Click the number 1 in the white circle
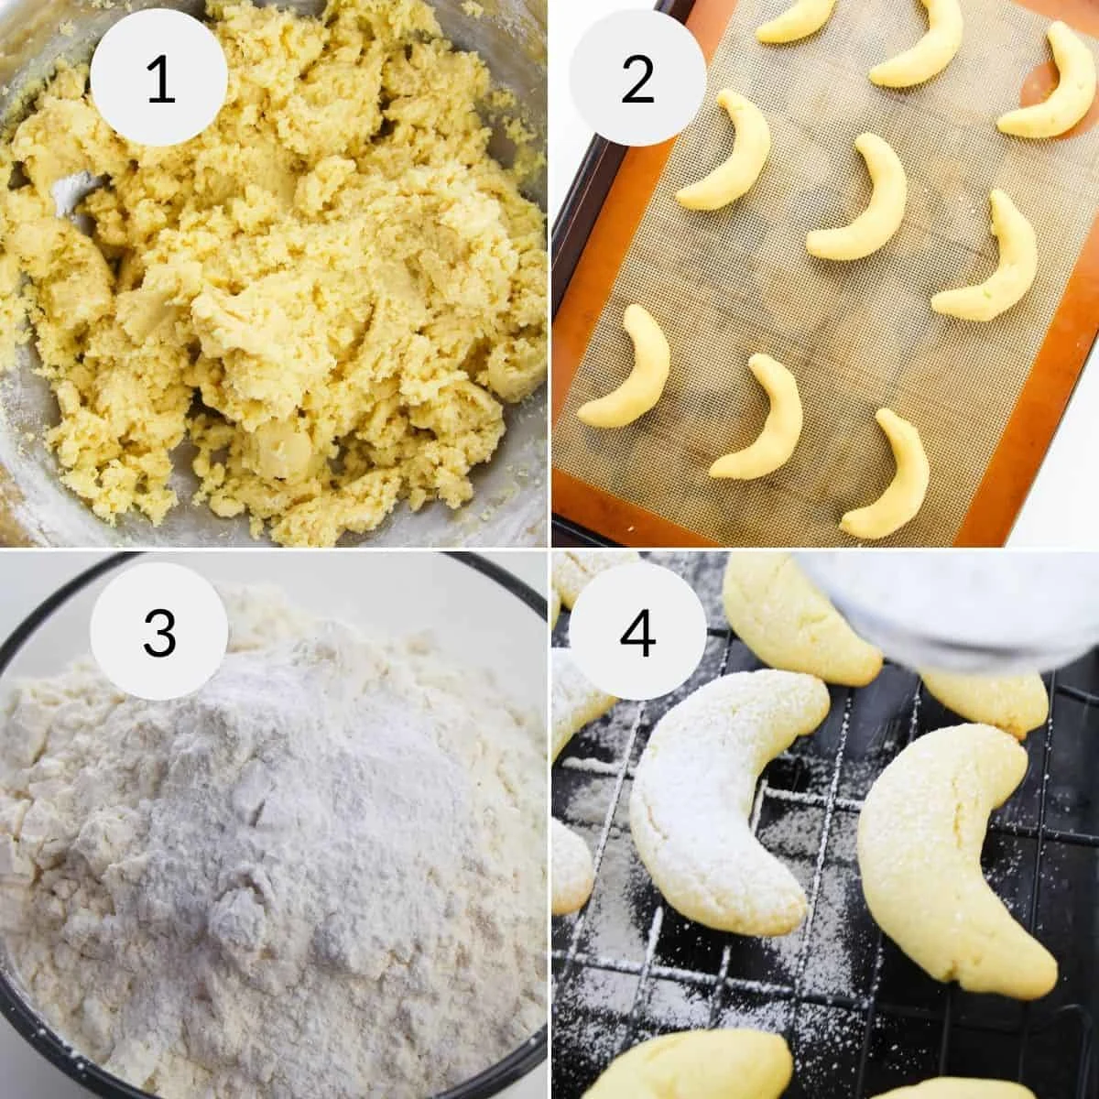[159, 79]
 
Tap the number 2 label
[637, 79]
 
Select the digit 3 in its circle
[159, 631]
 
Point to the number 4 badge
[637, 631]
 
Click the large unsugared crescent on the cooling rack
[952, 852]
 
